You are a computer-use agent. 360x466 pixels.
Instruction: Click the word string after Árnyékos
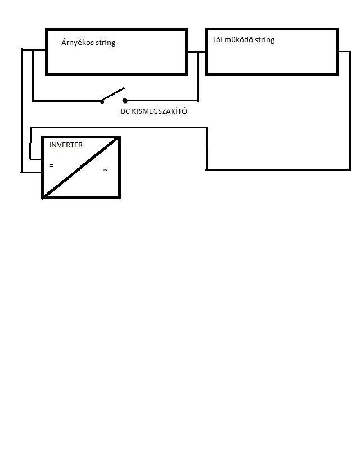[105, 43]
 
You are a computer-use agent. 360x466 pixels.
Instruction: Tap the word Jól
[219, 40]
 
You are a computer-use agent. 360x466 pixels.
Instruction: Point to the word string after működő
[264, 41]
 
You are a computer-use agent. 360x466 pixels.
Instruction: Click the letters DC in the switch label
[125, 111]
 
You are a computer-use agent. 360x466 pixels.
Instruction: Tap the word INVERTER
[66, 145]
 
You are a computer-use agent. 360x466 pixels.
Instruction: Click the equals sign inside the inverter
[51, 166]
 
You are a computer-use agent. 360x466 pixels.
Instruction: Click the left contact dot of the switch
[102, 101]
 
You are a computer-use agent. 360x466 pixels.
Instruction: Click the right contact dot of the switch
[125, 101]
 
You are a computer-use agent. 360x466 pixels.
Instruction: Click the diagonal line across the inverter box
[81, 168]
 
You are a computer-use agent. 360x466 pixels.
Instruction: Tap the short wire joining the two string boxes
[196, 52]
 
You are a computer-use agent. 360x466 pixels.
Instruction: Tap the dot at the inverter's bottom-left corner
[43, 198]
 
